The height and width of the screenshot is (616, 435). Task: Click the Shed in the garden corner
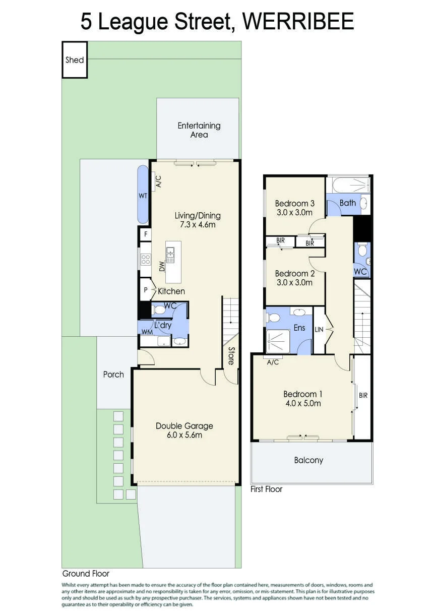coord(75,59)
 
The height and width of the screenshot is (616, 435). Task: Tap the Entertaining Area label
coord(199,130)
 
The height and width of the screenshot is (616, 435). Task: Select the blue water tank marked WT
coord(143,194)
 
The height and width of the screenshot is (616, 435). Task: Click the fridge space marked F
coord(146,234)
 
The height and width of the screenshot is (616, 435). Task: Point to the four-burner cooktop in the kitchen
coord(146,259)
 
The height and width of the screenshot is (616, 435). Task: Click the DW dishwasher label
coord(162,266)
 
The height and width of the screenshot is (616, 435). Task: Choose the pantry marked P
coord(146,289)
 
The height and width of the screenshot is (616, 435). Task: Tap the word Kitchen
coord(171,291)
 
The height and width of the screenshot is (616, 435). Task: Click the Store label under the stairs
coord(231,356)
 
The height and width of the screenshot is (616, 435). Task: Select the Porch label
coord(113,375)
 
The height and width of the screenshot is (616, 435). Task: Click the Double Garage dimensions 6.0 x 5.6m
coord(184,435)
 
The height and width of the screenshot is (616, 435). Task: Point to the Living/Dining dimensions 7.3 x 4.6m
coord(198,225)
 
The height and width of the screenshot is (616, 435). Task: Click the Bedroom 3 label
coord(294,203)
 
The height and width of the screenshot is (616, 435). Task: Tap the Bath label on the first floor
coord(348,203)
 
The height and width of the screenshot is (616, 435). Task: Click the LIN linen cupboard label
coord(319,329)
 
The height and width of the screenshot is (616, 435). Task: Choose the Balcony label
coord(308,460)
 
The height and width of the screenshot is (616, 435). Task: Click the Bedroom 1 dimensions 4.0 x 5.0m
coord(303,403)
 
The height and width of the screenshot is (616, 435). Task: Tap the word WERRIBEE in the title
coord(298,22)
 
